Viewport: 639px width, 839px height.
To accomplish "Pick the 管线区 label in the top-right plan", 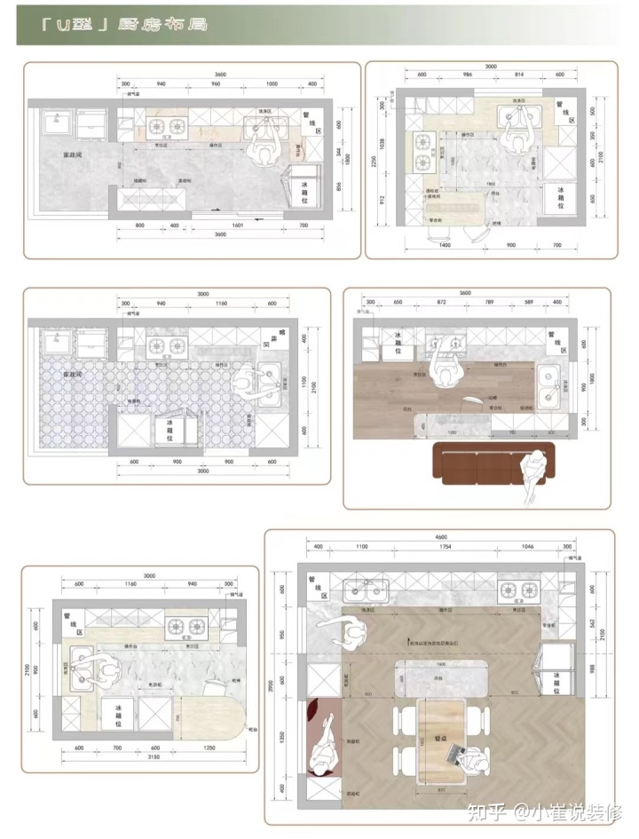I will click(561, 111).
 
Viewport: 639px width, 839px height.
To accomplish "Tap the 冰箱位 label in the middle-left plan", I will click(170, 430).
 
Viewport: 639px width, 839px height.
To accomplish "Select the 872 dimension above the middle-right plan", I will click(442, 303).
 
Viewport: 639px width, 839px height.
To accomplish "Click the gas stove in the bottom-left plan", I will click(187, 626).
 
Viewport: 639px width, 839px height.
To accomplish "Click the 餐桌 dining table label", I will click(441, 736).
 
